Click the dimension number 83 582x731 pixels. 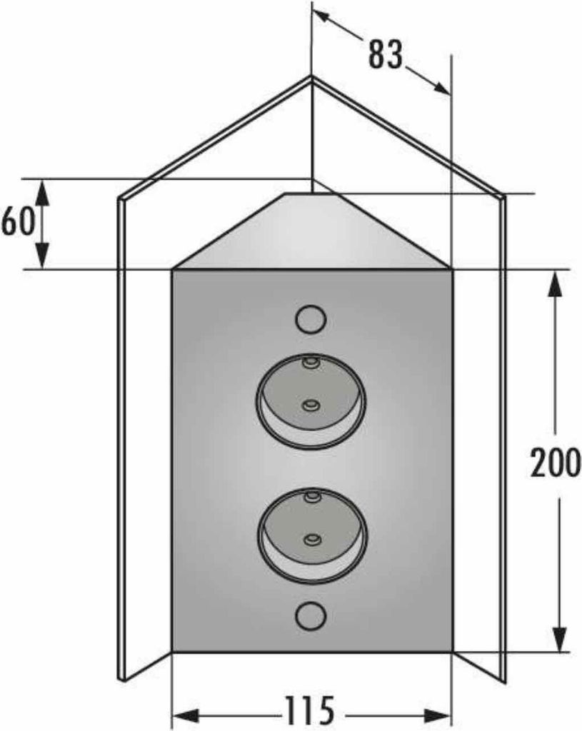[x=385, y=54]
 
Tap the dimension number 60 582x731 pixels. [x=18, y=221]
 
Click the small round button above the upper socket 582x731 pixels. [x=311, y=319]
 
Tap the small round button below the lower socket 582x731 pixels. [x=311, y=616]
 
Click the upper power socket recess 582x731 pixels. [x=311, y=401]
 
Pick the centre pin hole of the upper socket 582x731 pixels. [x=310, y=405]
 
